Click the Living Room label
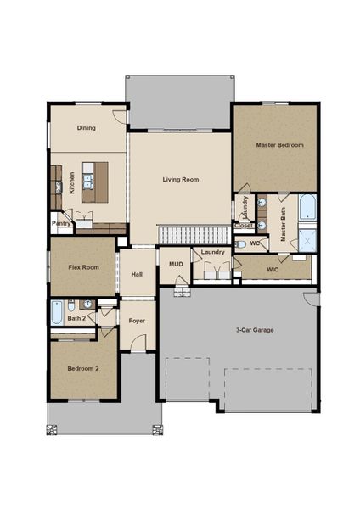pos(181,180)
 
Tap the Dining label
pos(87,128)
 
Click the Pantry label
pos(60,224)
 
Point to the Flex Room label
pos(84,267)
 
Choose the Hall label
pos(137,274)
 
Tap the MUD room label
pos(176,264)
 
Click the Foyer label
pos(137,322)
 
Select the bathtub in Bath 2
pos(57,314)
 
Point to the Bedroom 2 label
pos(84,369)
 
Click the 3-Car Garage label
pos(255,329)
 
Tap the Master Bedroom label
pos(279,145)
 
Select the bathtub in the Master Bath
pos(306,209)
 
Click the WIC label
pos(273,270)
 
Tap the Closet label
pos(243,226)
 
